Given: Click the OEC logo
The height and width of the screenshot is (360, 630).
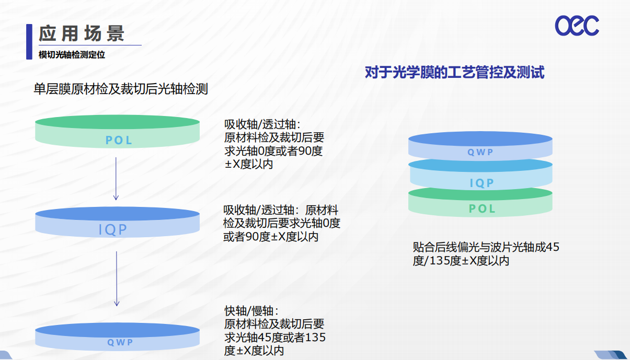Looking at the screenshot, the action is (577, 26).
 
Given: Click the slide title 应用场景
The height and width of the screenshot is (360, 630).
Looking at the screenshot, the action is (81, 33).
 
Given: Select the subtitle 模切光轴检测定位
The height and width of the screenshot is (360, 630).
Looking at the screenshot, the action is (72, 54).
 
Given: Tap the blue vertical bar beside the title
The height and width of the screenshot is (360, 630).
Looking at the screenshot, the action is (29, 42).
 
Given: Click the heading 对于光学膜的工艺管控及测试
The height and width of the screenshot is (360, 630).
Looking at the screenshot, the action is (454, 72).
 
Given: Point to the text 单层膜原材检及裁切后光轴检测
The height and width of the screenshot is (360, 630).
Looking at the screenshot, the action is (121, 89).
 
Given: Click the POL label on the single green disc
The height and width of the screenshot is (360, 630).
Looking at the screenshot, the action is (118, 140).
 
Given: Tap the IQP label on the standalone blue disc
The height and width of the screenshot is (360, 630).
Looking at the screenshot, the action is (113, 229).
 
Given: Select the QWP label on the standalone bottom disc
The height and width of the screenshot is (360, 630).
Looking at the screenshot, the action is (120, 342).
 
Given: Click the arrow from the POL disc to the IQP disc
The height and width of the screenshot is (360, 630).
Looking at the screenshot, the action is (116, 179).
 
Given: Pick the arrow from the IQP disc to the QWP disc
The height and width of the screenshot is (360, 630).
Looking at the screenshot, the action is (117, 279).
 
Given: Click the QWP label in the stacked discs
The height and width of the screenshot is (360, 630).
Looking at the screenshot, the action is (480, 153).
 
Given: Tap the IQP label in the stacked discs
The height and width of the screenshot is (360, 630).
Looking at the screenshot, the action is (482, 183).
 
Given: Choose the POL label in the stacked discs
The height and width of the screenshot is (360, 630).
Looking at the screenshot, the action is (482, 209).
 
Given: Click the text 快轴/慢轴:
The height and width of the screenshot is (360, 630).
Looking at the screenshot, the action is (251, 311).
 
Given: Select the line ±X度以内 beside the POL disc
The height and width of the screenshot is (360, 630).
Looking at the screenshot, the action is (249, 165).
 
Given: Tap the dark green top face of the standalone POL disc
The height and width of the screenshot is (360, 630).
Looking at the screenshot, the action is (117, 122).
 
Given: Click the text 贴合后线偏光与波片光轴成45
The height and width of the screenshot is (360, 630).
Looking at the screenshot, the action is (486, 247).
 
